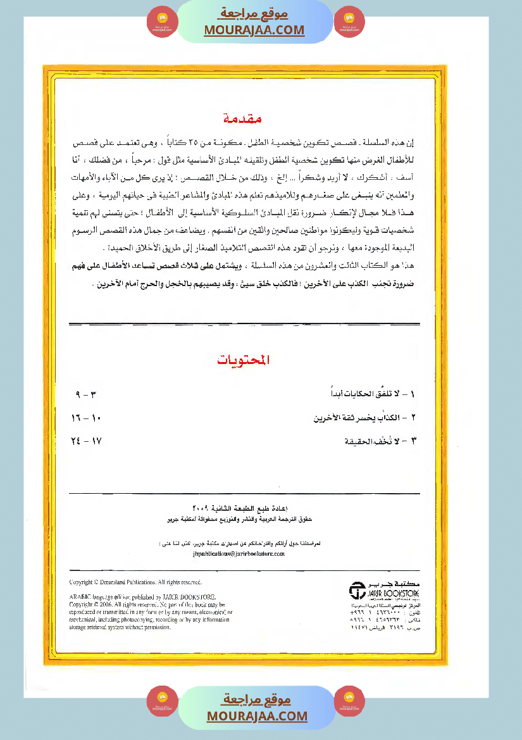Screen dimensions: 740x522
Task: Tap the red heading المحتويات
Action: tap(244, 360)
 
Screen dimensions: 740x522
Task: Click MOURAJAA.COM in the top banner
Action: tap(254, 30)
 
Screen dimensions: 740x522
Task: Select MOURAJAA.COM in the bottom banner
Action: tap(257, 716)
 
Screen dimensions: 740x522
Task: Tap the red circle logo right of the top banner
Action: tap(349, 22)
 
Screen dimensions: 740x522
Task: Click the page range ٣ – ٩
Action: tap(85, 395)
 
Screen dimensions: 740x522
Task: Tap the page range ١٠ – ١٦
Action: tap(87, 418)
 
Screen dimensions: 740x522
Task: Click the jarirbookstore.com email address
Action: tap(237, 553)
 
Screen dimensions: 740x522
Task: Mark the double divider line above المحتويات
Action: tap(244, 325)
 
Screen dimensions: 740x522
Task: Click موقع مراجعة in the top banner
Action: tap(254, 13)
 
